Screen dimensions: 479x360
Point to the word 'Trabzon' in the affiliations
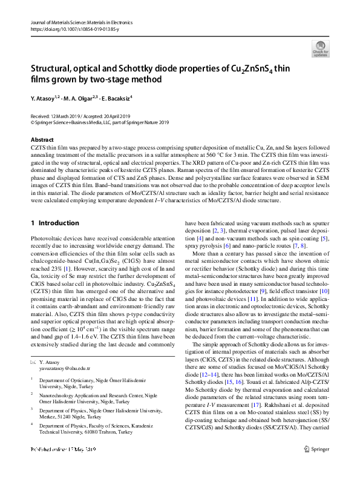coord(122,432)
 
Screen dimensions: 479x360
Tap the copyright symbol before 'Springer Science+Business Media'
coord(32,122)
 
